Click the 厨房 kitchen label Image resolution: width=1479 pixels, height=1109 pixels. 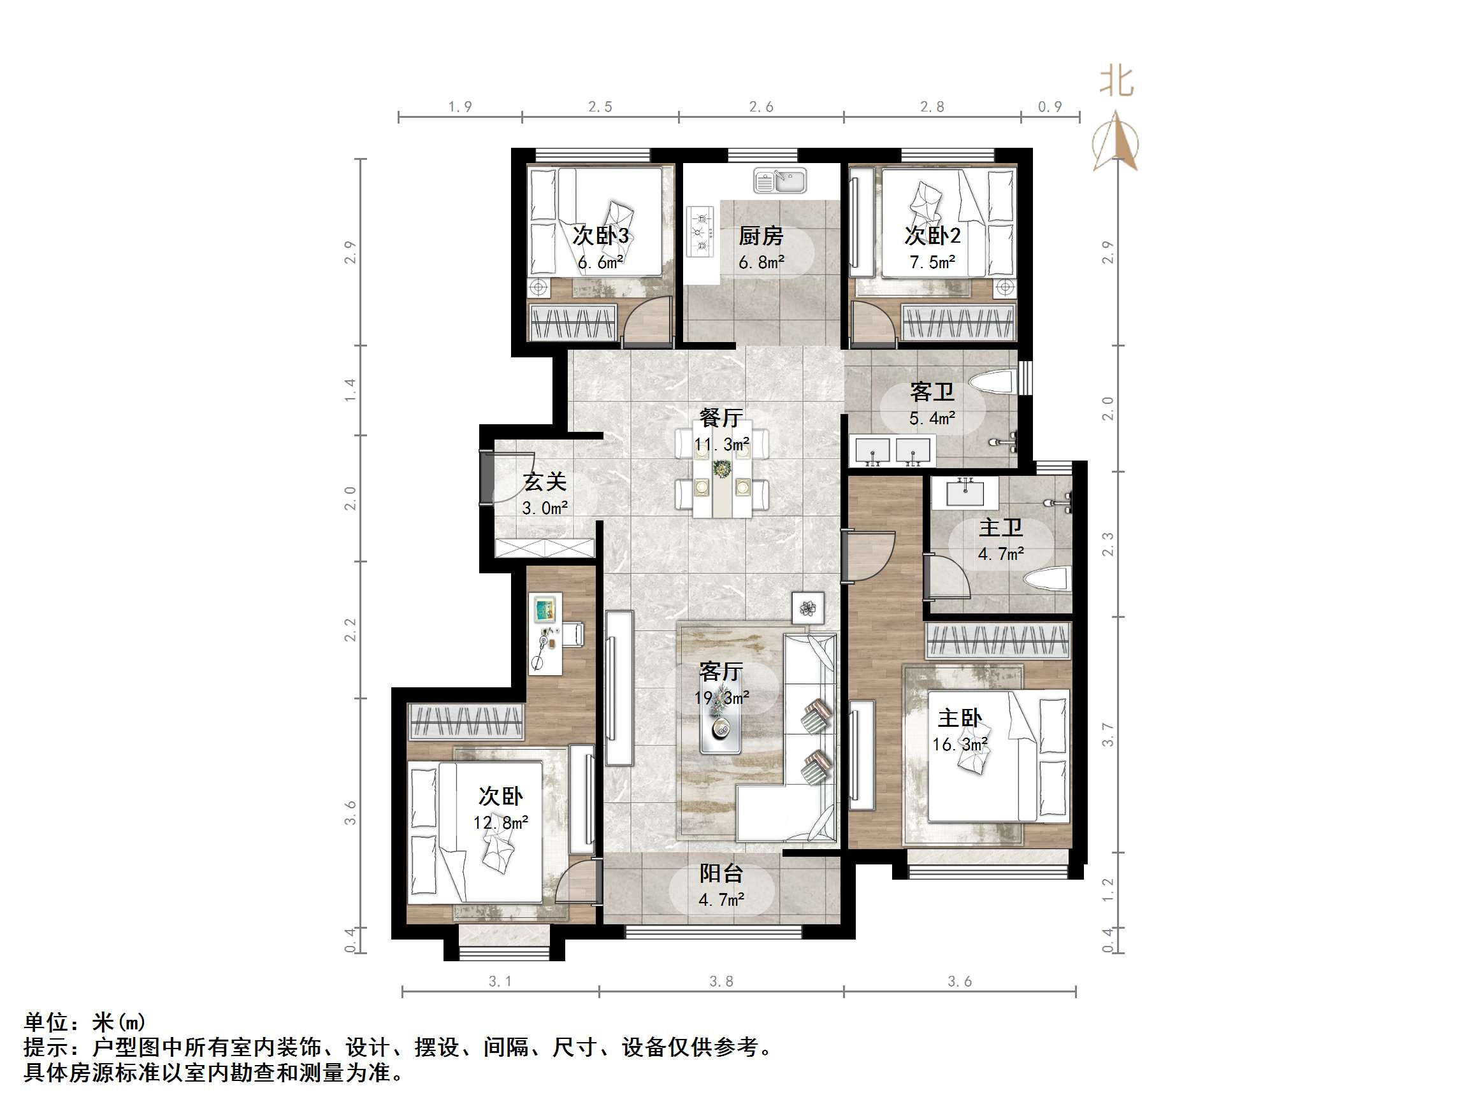tap(760, 236)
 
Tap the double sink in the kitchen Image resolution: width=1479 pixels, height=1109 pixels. tap(781, 181)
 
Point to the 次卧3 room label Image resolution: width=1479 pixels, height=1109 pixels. tap(600, 236)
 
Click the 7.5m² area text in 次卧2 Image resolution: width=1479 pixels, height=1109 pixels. tap(932, 262)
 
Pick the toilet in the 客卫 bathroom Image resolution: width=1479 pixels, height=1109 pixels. tap(992, 383)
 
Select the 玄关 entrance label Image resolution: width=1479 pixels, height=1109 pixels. tap(545, 482)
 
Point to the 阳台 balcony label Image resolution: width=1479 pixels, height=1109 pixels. tap(721, 873)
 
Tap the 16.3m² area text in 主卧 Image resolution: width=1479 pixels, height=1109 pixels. tap(960, 745)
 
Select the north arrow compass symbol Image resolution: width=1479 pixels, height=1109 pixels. tap(1115, 143)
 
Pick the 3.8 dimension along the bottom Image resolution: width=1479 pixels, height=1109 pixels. tap(721, 982)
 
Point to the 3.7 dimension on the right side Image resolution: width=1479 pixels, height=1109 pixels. tap(1108, 734)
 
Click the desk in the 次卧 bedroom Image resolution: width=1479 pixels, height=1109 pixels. tap(545, 633)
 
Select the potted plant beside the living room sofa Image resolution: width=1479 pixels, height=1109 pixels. tap(808, 608)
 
